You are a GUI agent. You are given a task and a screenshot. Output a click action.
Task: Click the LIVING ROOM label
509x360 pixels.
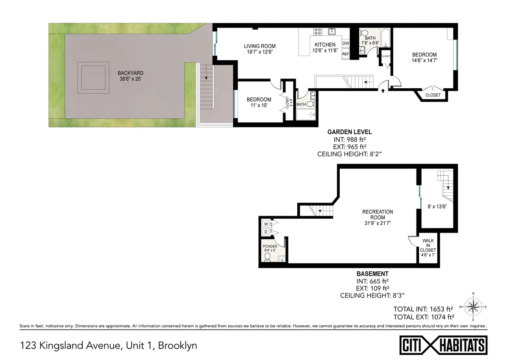[260, 46]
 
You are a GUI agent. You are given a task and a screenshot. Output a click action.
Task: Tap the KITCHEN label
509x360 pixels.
[325, 45]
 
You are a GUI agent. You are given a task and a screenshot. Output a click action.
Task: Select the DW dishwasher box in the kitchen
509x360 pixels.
[346, 43]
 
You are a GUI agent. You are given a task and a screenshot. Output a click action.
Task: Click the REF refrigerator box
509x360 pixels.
[346, 54]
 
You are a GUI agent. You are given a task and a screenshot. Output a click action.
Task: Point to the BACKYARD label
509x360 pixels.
[131, 73]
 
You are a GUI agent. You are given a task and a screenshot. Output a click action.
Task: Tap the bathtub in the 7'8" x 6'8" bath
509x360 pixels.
[385, 39]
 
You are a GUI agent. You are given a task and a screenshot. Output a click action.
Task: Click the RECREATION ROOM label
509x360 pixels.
[378, 215]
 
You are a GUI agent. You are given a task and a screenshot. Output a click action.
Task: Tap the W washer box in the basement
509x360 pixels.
[266, 224]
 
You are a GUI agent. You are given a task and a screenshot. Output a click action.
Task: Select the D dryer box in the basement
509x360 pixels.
[266, 232]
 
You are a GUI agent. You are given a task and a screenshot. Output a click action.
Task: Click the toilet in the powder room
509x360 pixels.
[267, 257]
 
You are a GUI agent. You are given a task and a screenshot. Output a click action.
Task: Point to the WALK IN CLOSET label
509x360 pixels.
[428, 246]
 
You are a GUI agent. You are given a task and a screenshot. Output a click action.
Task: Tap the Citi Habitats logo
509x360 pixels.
[443, 344]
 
